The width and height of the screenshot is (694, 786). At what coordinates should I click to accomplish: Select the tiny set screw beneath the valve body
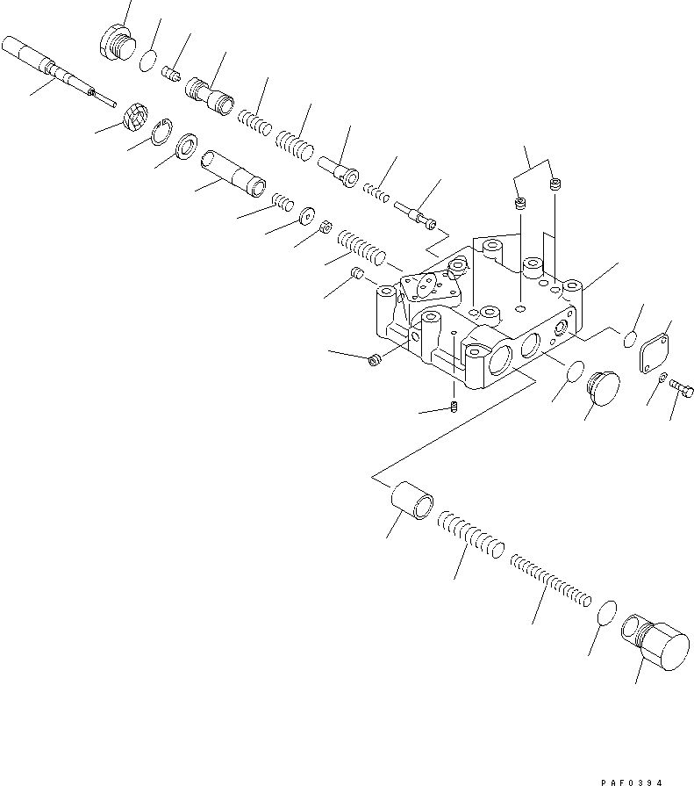(454, 406)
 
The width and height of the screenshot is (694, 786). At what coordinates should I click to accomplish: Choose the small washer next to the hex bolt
(662, 378)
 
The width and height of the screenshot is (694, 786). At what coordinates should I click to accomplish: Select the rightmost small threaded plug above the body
(554, 184)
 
